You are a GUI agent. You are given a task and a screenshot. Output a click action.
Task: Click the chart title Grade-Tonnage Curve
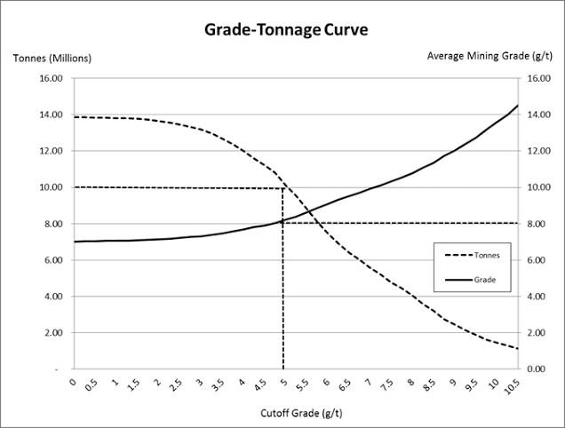(285, 29)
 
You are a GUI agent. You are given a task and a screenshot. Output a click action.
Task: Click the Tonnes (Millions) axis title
(52, 59)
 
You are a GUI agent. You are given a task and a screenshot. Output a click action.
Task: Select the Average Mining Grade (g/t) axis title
(490, 55)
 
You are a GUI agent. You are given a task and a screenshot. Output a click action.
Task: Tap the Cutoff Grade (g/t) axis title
(296, 412)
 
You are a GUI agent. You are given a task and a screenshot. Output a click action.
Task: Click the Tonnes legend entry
(486, 255)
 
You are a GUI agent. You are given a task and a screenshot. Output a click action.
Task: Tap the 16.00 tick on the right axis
(540, 78)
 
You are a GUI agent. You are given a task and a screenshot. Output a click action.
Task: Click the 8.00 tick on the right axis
(540, 224)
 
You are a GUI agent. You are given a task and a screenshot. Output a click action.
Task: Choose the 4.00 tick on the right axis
(540, 297)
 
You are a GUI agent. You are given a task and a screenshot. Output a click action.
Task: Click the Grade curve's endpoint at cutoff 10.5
(517, 106)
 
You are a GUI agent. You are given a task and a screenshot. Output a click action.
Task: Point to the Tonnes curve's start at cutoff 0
(74, 117)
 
